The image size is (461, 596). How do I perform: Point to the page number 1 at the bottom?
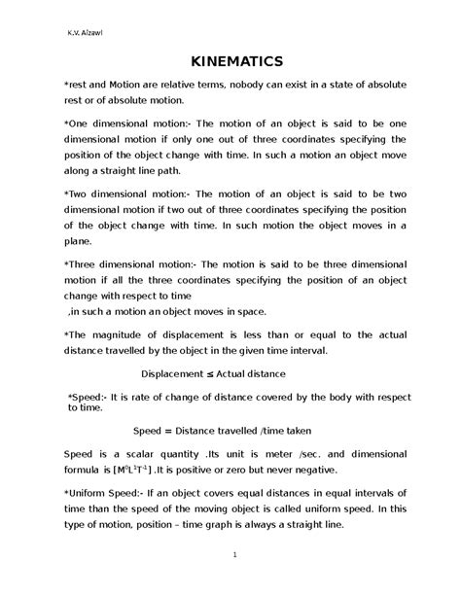coord(234,555)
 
